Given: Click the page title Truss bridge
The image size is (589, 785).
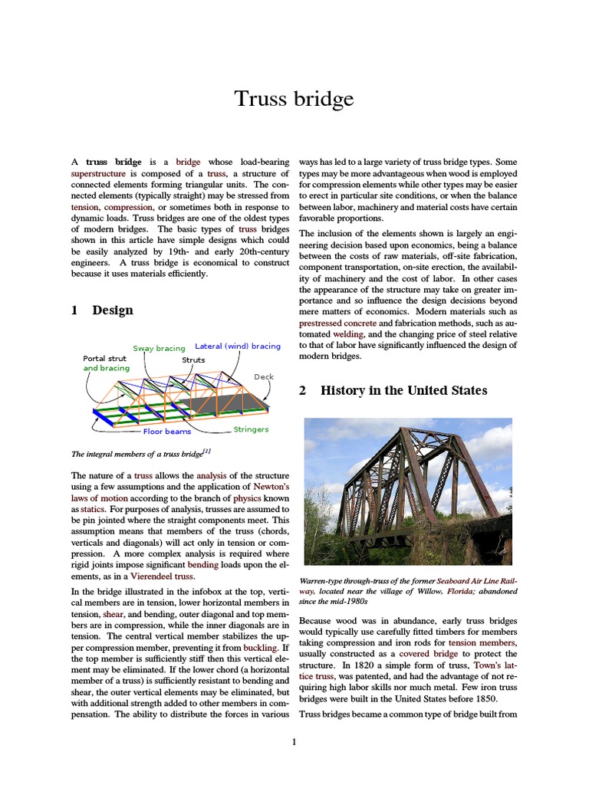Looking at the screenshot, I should [294, 99].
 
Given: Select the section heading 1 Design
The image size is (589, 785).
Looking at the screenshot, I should [102, 310].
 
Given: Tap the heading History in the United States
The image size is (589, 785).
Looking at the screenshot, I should [393, 390].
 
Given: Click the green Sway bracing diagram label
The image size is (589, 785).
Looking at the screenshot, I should [159, 348].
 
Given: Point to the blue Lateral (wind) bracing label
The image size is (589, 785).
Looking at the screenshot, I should [238, 347].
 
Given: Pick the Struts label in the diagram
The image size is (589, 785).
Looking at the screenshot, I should [193, 360].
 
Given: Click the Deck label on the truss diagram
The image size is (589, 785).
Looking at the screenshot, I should [263, 377].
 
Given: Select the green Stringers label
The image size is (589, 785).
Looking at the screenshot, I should [251, 429].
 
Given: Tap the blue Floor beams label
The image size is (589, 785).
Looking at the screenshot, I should [167, 432].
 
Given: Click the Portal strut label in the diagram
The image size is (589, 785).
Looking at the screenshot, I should [104, 358].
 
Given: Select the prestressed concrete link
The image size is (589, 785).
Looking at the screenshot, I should [337, 324].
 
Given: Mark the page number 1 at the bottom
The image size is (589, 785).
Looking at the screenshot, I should [294, 741].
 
